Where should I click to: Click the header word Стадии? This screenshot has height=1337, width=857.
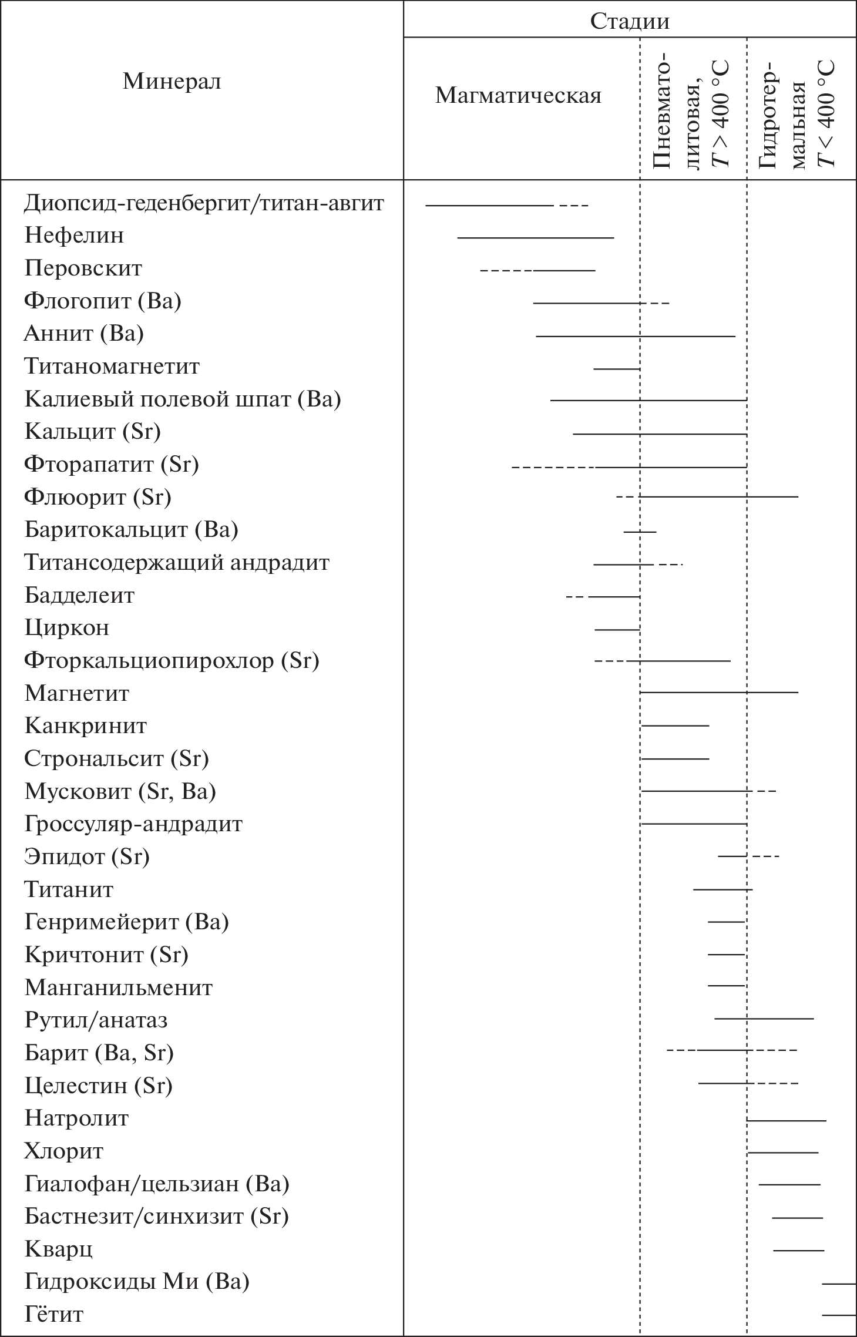click(629, 21)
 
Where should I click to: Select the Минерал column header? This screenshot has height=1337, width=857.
click(172, 81)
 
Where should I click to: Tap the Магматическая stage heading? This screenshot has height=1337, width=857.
click(518, 95)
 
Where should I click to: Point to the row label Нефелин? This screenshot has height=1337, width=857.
click(74, 236)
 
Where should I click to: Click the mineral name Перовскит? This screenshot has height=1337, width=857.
click(83, 268)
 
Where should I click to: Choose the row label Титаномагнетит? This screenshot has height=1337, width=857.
click(112, 367)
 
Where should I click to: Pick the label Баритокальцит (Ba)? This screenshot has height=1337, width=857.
click(131, 530)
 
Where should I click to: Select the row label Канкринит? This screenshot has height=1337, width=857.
click(85, 726)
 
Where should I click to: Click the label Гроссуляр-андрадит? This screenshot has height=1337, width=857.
click(133, 824)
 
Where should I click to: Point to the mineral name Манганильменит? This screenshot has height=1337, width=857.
click(118, 987)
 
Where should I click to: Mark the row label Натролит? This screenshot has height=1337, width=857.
click(76, 1118)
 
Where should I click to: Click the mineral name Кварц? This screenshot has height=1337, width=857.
click(58, 1249)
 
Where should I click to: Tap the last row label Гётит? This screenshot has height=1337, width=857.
click(53, 1314)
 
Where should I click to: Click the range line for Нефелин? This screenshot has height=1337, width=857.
click(535, 238)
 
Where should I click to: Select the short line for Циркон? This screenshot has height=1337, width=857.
click(617, 630)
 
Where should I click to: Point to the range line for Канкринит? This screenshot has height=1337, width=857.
click(675, 726)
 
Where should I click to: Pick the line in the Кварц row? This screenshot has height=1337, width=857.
click(798, 1251)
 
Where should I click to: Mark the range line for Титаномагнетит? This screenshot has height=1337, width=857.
click(616, 369)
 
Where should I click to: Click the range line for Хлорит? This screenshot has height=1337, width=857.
click(783, 1153)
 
